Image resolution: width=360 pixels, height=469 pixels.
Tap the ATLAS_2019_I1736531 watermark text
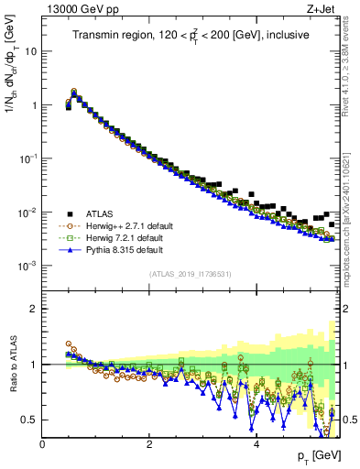click(190, 274)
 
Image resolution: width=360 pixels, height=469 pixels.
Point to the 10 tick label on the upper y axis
click(29, 51)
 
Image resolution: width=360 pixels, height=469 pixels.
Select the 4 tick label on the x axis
click(256, 443)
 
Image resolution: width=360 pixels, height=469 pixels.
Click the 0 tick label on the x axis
click(42, 443)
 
